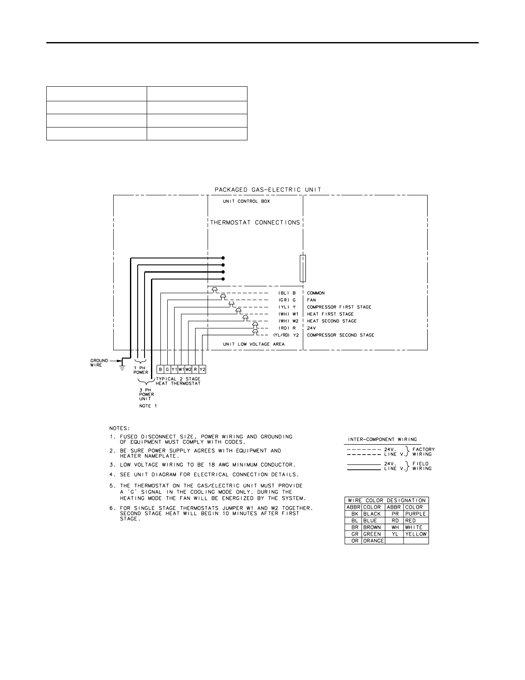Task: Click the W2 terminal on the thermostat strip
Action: point(188,369)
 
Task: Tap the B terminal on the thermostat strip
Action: point(160,369)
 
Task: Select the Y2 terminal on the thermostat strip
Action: point(202,369)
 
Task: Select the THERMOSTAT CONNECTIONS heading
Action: point(255,222)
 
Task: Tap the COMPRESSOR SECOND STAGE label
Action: point(341,335)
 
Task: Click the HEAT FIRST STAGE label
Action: point(330,314)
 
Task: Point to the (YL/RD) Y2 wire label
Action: point(286,335)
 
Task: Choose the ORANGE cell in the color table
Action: point(373,541)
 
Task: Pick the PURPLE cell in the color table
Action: point(415,514)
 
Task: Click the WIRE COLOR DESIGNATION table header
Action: point(386,500)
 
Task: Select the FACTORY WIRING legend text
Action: point(423,452)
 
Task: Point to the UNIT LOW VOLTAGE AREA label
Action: point(253,344)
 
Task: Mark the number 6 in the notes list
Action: point(112,508)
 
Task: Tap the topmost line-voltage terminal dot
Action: point(223,258)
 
